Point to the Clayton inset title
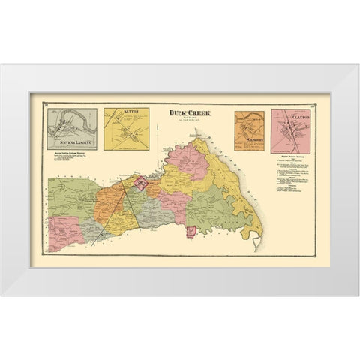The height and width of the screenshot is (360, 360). click(x=298, y=116)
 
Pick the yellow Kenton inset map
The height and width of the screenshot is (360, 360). click(x=124, y=133)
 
